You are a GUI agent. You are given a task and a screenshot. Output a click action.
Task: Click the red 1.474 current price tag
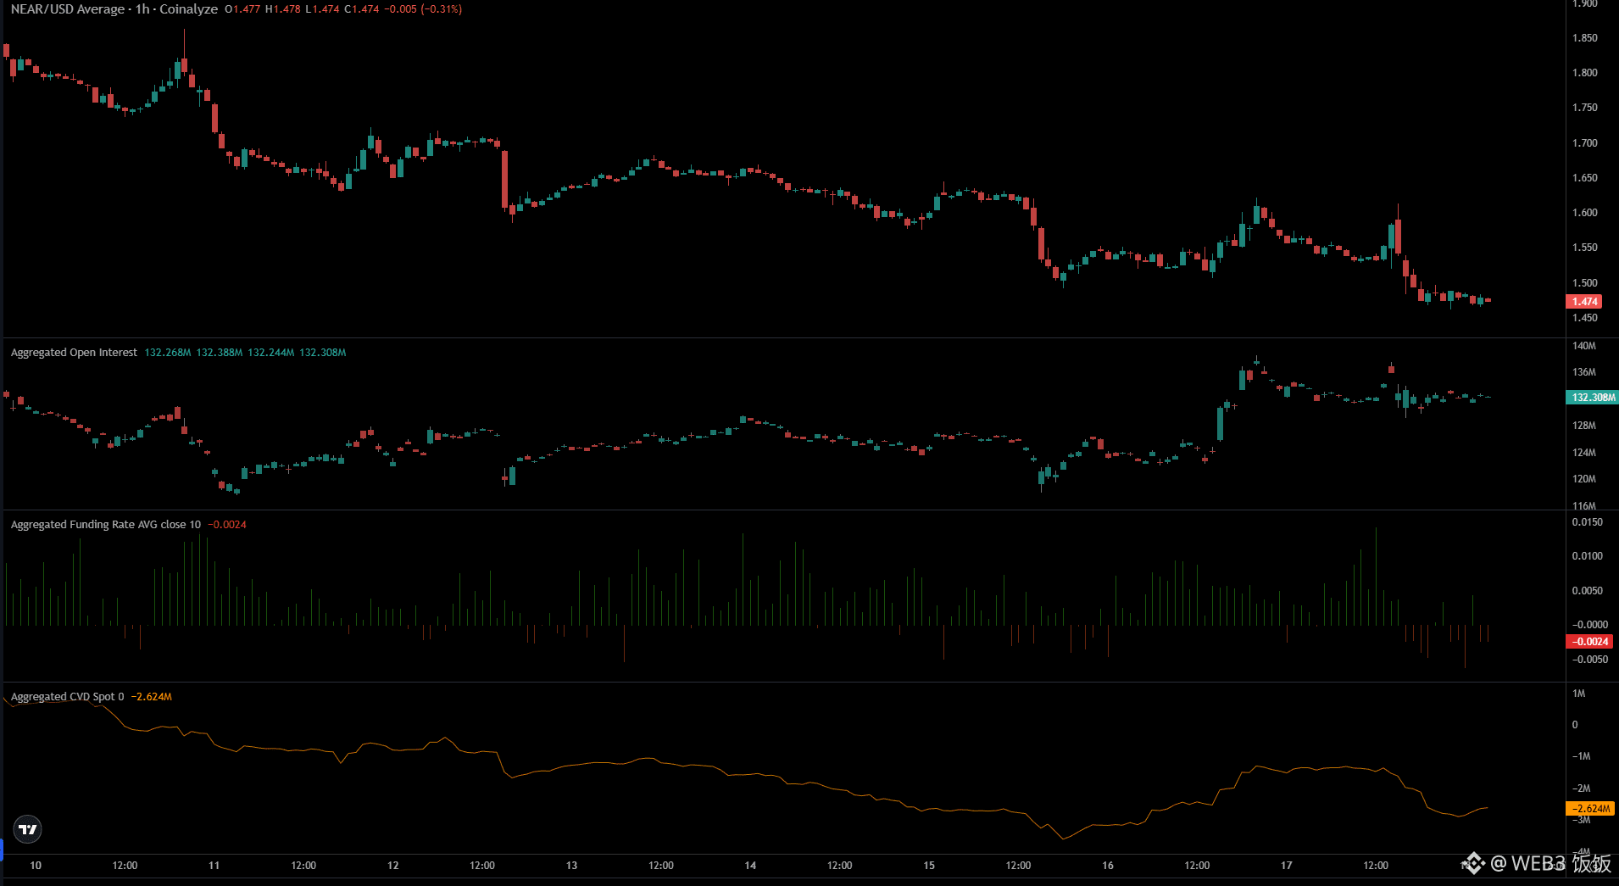tap(1584, 301)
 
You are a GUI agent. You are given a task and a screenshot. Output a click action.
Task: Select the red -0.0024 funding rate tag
tap(1589, 642)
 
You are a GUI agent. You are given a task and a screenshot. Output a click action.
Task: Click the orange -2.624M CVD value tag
tap(1591, 809)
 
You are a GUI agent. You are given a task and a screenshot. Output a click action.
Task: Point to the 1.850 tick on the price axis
tap(1584, 38)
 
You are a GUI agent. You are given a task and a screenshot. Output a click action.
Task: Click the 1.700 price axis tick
tap(1584, 143)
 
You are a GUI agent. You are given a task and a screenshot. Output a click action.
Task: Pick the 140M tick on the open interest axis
tap(1583, 346)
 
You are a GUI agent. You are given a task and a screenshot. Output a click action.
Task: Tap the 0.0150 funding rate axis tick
tap(1587, 522)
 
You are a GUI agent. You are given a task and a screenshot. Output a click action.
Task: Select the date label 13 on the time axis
tap(571, 866)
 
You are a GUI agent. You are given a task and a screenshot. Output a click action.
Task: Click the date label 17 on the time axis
tap(1286, 866)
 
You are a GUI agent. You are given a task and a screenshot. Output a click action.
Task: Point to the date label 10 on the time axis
tap(36, 866)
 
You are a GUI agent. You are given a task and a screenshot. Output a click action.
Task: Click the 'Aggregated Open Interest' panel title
tap(74, 353)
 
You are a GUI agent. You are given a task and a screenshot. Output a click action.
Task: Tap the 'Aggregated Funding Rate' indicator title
tap(106, 525)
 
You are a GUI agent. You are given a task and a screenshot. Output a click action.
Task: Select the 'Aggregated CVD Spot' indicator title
tap(67, 697)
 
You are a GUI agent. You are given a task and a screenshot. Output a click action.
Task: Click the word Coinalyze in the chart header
tap(188, 9)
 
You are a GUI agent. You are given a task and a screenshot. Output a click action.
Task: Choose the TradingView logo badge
tap(28, 829)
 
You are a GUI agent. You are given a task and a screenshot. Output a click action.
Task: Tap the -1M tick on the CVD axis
tap(1581, 756)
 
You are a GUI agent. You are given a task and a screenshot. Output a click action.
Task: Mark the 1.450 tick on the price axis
tap(1584, 319)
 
